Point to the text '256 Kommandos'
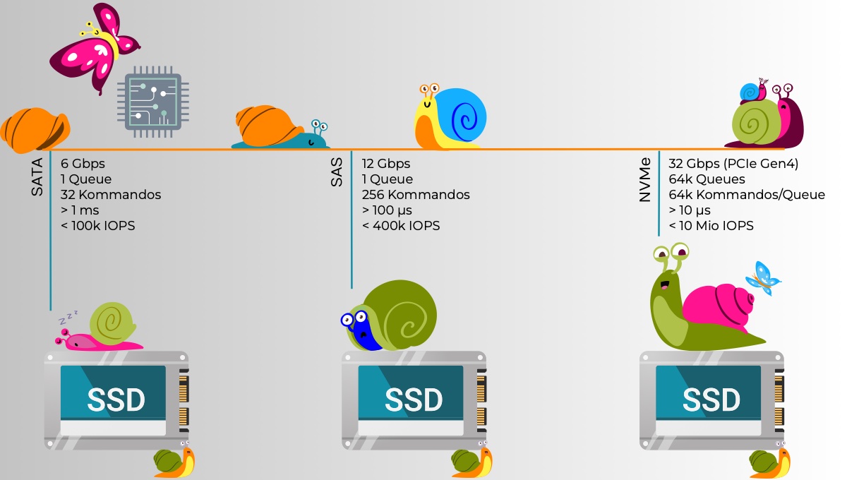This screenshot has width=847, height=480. coord(416,195)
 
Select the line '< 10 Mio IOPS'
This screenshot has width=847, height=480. coord(711,226)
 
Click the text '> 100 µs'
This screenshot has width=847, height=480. coord(387,210)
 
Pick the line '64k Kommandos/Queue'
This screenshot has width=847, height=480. coord(746,195)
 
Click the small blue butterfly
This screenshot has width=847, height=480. coord(763,278)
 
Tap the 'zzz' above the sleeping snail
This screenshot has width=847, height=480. coord(68,318)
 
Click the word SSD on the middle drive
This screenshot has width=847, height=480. coord(414,400)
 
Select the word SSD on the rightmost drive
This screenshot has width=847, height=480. coord(711,400)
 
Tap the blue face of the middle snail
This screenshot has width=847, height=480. coord(361,330)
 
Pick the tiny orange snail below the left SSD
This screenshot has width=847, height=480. coord(174,462)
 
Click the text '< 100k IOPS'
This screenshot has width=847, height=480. coord(102,226)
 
